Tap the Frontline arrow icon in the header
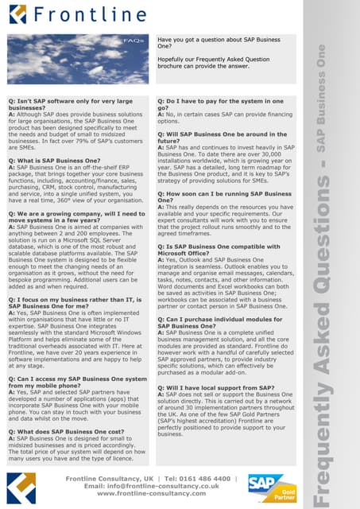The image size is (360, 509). point(17,14)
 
